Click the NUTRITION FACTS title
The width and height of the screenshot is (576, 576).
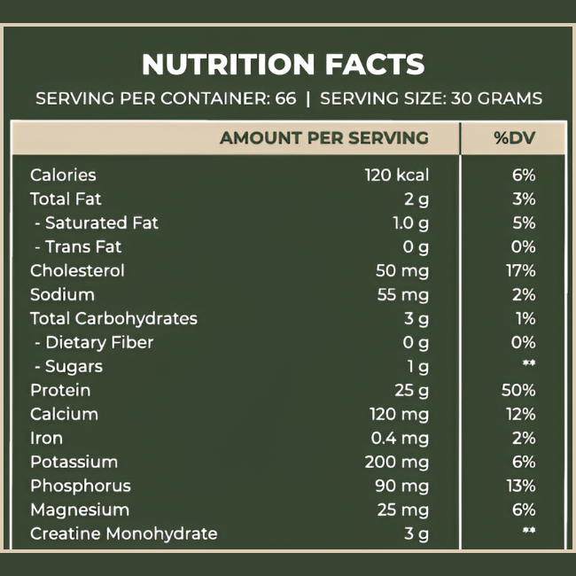pos(283,65)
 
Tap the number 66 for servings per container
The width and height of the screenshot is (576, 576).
pos(285,98)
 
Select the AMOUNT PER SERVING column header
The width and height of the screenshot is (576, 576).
pos(323,138)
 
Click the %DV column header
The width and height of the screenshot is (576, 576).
pos(511,138)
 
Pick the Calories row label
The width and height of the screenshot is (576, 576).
pos(63,175)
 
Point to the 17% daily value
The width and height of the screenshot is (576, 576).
pos(522,271)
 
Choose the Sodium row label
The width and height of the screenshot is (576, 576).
pos(62,295)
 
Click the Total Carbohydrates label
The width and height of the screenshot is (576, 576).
pos(113,319)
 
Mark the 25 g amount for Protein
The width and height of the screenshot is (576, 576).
pos(411,391)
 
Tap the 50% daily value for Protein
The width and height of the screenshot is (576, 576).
pos(518,391)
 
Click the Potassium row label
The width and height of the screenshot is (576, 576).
pos(74,463)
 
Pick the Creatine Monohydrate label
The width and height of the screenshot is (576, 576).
pos(123,534)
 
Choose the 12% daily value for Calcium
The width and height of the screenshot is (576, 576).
pos(521,415)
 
